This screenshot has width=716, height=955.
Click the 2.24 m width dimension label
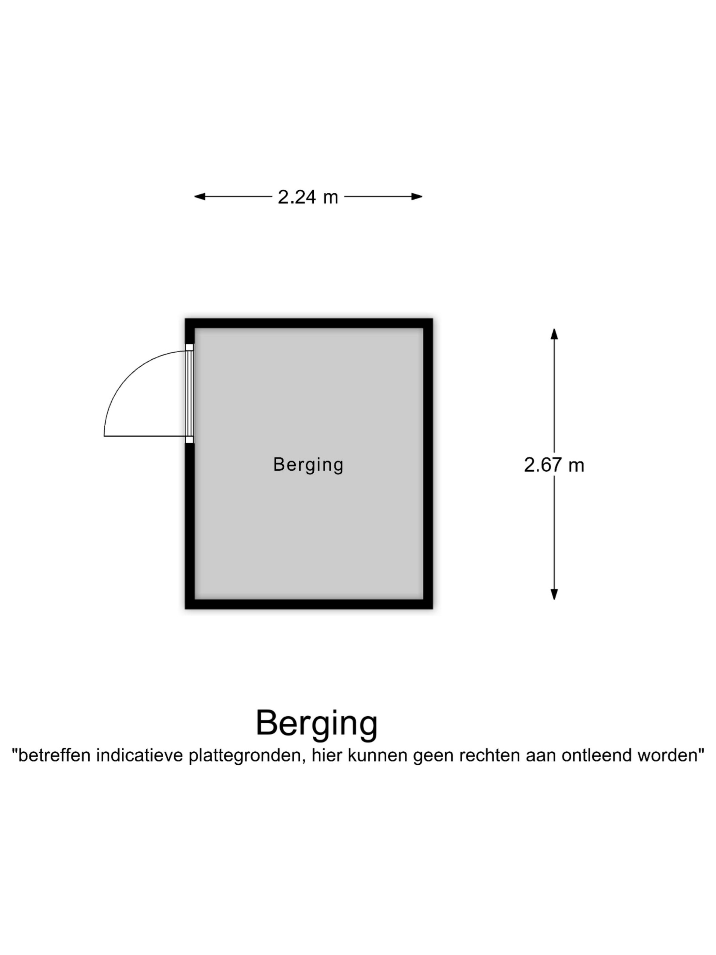(308, 197)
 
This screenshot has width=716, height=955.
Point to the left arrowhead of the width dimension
(199, 197)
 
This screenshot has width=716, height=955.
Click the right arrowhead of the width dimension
(417, 197)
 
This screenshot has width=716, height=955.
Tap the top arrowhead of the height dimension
(554, 334)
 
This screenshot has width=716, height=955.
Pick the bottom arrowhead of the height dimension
(554, 594)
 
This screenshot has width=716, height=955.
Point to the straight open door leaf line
(145, 436)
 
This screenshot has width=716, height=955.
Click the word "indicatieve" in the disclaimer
(140, 755)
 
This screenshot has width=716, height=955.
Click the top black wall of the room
(309, 323)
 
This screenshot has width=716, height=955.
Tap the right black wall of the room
(428, 464)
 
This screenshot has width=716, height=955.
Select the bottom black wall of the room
(309, 604)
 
